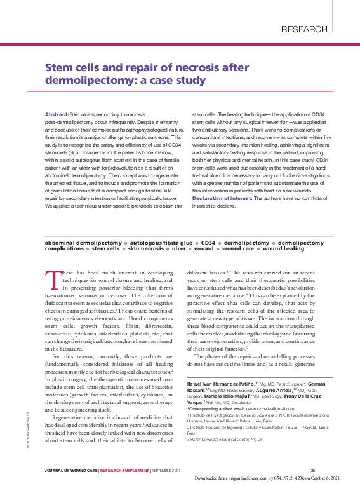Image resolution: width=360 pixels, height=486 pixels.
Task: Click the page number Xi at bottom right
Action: point(312,470)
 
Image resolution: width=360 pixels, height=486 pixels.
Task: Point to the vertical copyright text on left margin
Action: point(29,433)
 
